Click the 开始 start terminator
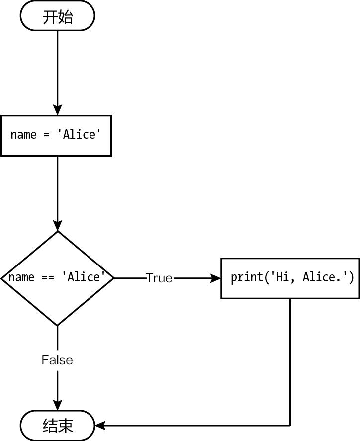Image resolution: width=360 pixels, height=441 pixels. click(x=57, y=16)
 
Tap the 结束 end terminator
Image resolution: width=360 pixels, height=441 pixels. click(x=57, y=425)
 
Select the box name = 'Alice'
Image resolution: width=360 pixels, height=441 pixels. click(x=56, y=135)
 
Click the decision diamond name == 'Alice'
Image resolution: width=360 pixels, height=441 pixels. click(x=57, y=278)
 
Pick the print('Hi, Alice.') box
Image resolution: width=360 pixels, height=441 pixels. click(x=290, y=278)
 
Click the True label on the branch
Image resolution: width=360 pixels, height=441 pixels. click(x=159, y=278)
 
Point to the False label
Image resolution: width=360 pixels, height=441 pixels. click(x=57, y=360)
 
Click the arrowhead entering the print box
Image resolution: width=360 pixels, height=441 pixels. click(x=216, y=278)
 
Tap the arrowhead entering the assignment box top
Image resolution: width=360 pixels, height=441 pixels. click(x=57, y=110)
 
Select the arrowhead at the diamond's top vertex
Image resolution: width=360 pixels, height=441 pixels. click(x=57, y=226)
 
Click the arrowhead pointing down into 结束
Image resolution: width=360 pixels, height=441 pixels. click(x=57, y=405)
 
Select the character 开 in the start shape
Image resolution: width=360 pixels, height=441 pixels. click(x=50, y=17)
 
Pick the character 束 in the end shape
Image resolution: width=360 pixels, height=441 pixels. click(x=66, y=426)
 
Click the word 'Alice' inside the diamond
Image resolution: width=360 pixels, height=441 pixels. click(x=84, y=277)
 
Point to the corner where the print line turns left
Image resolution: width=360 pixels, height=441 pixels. click(x=290, y=425)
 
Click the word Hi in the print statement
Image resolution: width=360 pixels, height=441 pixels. click(x=281, y=277)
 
